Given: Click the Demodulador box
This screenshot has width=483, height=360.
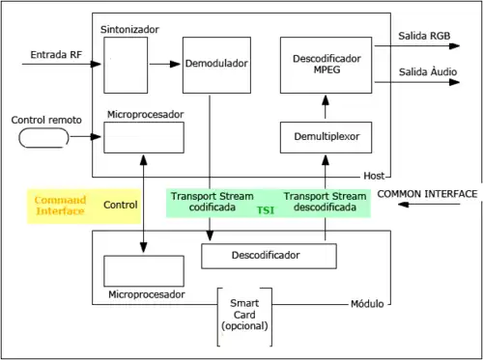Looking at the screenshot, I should click(215, 65).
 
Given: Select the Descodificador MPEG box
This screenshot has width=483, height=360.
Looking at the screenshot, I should click(326, 65).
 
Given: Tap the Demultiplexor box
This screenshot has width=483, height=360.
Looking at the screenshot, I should click(326, 138).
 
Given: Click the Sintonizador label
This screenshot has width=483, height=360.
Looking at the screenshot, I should click(129, 31).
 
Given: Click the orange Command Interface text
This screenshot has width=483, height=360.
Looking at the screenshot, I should click(61, 205).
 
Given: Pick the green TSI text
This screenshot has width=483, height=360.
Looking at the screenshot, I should click(263, 209).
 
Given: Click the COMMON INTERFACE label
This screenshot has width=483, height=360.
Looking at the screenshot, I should click(427, 194).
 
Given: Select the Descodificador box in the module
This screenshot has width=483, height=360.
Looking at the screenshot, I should click(268, 256).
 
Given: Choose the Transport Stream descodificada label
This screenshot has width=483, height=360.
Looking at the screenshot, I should click(326, 201).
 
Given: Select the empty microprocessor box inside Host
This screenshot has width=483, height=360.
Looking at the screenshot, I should click(144, 137).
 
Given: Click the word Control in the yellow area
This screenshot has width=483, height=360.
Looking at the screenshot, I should click(121, 205).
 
